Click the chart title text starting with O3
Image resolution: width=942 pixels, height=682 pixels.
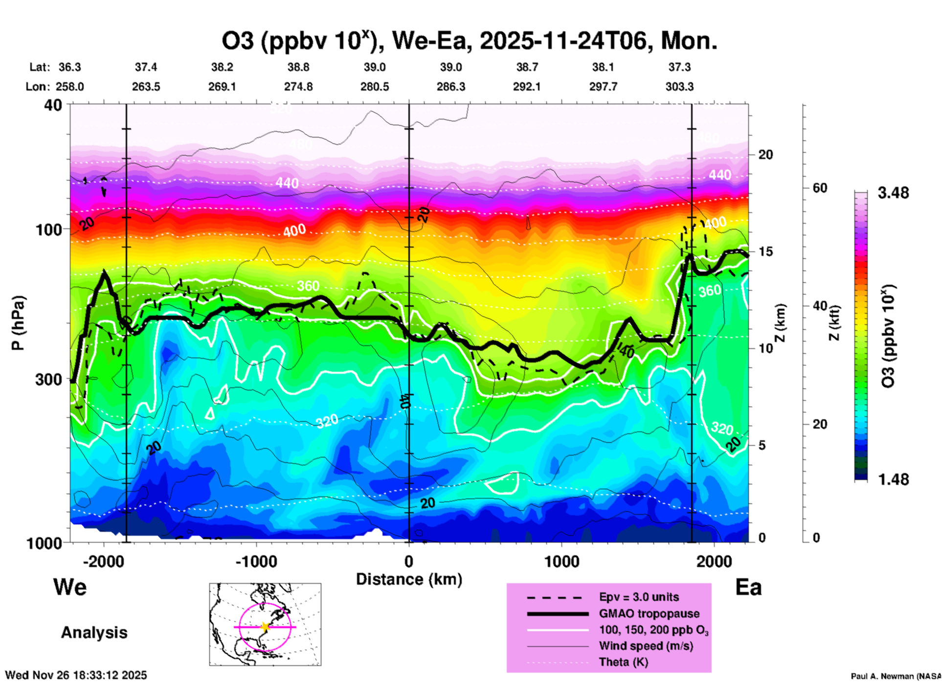tap(470, 41)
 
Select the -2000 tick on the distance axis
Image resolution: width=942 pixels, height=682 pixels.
tap(103, 562)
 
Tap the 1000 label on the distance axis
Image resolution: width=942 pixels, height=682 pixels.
tap(561, 562)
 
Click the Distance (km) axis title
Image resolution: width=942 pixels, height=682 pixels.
tap(409, 579)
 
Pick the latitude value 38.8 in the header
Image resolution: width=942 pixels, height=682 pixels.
tap(298, 67)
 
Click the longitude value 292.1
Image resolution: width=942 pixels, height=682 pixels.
tap(527, 87)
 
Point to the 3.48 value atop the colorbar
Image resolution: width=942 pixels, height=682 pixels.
tap(893, 193)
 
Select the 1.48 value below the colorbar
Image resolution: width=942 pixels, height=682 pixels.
tap(893, 479)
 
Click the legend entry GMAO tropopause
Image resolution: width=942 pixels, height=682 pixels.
tap(649, 614)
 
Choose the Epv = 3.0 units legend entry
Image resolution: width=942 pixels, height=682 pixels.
tap(639, 597)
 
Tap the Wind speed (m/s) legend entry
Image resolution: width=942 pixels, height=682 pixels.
tap(646, 646)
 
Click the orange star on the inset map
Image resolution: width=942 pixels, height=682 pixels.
tap(265, 627)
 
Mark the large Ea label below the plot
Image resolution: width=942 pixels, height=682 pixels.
tap(748, 587)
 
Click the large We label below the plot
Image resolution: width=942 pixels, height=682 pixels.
tap(70, 587)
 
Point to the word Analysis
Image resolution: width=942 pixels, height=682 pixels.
tap(94, 633)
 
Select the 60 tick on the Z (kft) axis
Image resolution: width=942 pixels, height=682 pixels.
tap(820, 188)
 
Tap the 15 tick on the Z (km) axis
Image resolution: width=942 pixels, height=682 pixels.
tap(765, 251)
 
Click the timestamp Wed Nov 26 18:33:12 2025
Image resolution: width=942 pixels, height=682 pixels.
tap(76, 675)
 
